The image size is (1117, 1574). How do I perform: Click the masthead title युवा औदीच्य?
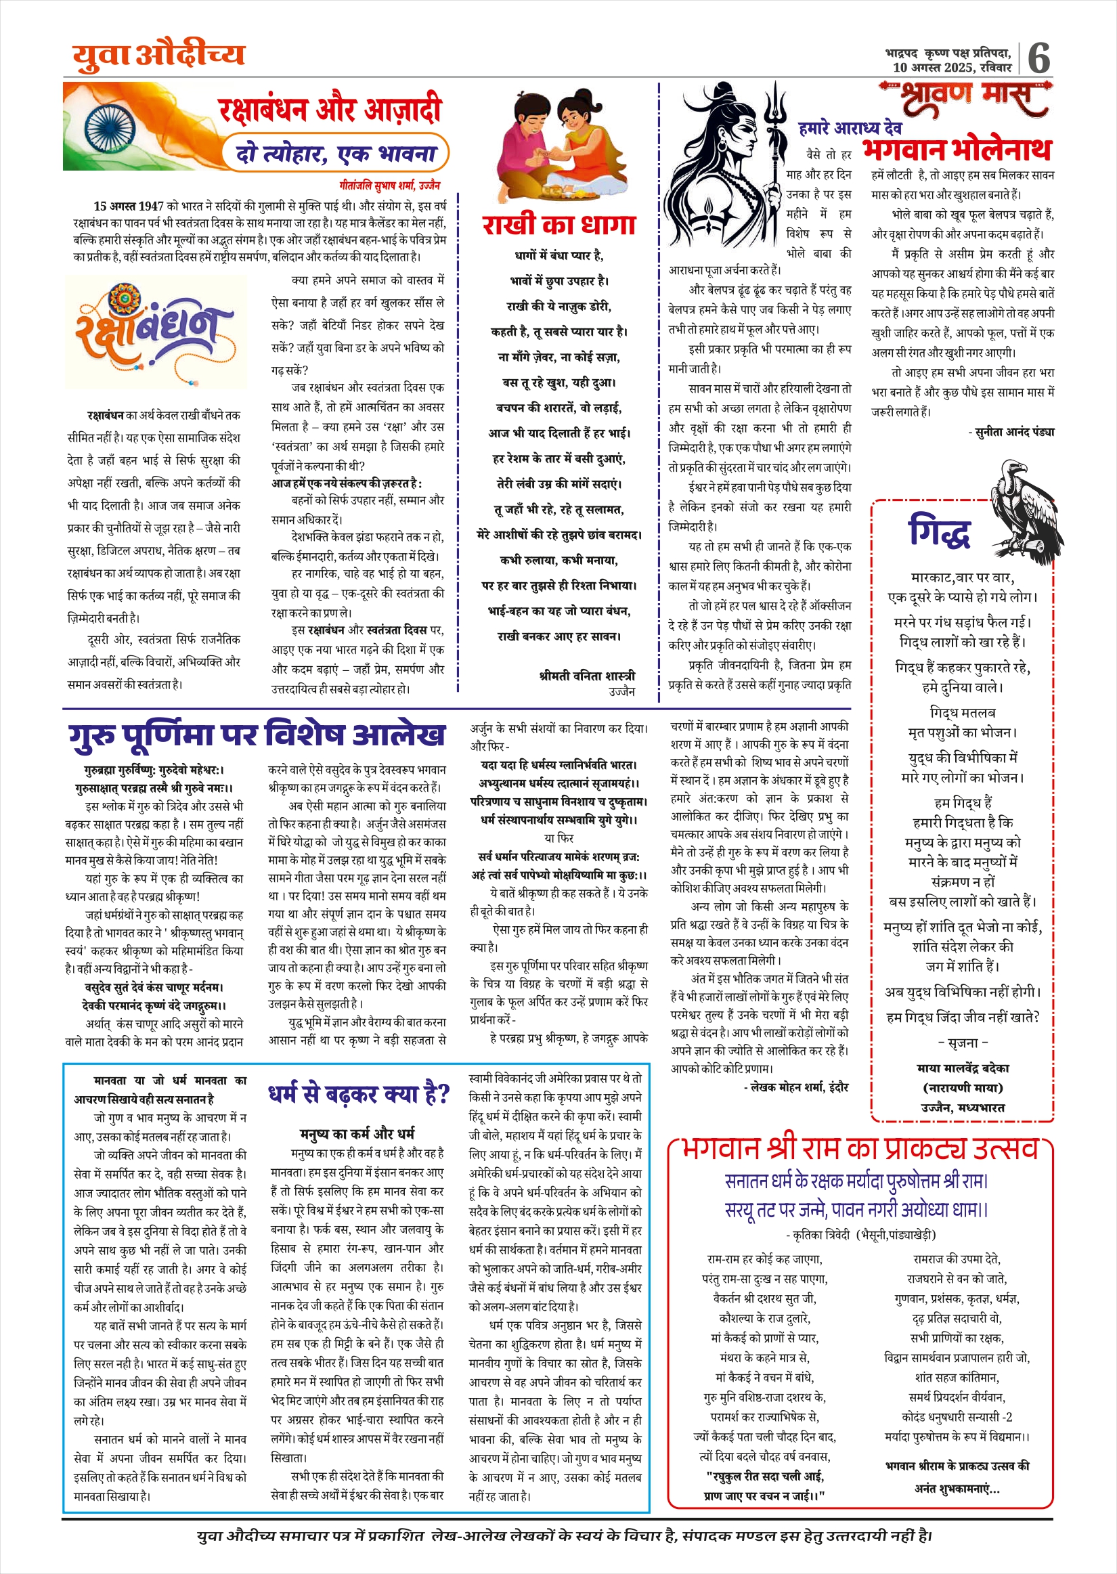[x=159, y=55]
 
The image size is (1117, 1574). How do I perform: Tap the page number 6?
[x=1038, y=58]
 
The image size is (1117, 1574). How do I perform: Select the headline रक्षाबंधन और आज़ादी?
[x=330, y=110]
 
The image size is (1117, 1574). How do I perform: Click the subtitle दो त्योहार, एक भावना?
[x=336, y=152]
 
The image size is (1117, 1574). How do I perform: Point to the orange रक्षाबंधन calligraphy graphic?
[x=156, y=332]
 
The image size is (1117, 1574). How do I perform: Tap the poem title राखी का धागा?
[x=558, y=225]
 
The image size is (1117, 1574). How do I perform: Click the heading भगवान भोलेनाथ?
[x=957, y=148]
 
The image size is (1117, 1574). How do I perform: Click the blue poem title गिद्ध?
[x=939, y=533]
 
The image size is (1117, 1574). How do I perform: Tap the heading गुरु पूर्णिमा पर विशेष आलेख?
[x=257, y=735]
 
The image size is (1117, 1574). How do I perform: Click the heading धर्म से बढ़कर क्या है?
[x=358, y=1093]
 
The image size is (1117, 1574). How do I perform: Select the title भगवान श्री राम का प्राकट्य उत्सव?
[x=860, y=1148]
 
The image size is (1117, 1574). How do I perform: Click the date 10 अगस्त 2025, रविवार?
[x=952, y=68]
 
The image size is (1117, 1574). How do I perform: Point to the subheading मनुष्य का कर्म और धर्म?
[x=357, y=1133]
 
